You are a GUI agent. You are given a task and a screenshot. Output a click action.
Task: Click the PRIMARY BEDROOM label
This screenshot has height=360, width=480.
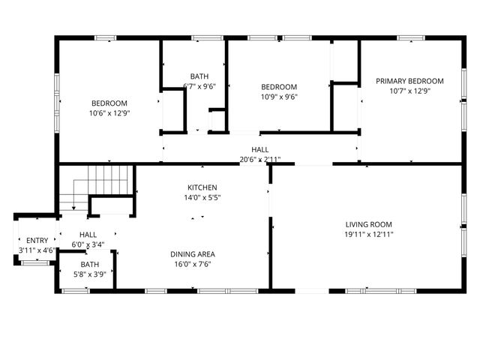(x=409, y=81)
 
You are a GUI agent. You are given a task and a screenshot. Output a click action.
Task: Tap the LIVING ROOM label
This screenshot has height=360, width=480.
(x=368, y=224)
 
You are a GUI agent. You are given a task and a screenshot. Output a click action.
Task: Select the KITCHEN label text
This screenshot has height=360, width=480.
(x=202, y=187)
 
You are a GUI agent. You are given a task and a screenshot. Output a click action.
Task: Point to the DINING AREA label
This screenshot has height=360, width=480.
(x=193, y=254)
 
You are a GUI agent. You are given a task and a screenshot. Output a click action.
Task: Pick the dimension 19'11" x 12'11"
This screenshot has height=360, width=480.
(x=368, y=235)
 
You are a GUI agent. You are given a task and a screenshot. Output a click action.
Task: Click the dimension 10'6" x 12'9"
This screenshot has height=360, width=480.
(x=109, y=114)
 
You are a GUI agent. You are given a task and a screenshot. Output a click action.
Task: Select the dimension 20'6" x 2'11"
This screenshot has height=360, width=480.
(x=260, y=160)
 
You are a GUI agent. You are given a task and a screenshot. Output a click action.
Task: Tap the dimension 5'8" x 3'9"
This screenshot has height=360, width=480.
(x=89, y=274)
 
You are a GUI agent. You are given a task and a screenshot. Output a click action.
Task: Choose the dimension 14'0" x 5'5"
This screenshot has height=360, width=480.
(x=202, y=198)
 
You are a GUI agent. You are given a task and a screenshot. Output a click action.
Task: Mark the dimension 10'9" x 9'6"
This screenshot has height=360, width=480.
(x=279, y=97)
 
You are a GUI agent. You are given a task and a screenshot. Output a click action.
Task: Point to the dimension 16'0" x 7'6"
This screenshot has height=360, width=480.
(x=193, y=265)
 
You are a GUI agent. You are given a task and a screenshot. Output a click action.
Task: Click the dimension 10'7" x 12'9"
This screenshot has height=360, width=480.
(x=409, y=91)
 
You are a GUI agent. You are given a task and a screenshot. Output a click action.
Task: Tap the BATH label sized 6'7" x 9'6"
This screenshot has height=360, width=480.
(x=199, y=76)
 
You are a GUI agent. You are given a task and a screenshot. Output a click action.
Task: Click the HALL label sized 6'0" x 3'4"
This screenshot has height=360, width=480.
(x=88, y=235)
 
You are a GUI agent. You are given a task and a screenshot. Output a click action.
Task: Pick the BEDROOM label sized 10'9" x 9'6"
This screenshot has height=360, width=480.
(x=279, y=87)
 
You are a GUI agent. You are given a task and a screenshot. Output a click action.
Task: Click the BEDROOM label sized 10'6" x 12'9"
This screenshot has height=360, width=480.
(x=109, y=103)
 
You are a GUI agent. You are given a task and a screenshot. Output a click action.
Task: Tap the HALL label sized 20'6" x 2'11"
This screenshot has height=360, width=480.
(x=260, y=150)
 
